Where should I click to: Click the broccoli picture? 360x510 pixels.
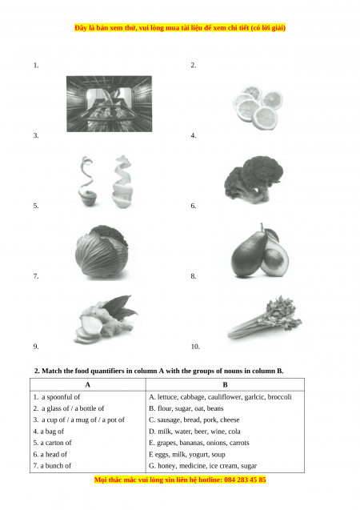pyautogui.click(x=254, y=179)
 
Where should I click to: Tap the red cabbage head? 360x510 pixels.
pyautogui.click(x=102, y=251)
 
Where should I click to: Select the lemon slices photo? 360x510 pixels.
pyautogui.click(x=257, y=107)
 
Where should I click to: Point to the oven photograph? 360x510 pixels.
pyautogui.click(x=109, y=104)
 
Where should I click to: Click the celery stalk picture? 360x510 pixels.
pyautogui.click(x=265, y=318)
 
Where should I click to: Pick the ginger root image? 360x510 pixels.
pyautogui.click(x=105, y=319)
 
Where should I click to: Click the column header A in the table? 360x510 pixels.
pyautogui.click(x=88, y=385)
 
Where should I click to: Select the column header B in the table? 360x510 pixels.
pyautogui.click(x=225, y=385)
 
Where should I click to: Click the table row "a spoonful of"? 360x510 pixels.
pyautogui.click(x=57, y=397)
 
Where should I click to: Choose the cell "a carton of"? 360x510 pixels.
pyautogui.click(x=52, y=443)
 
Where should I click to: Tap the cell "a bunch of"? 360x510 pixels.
pyautogui.click(x=52, y=465)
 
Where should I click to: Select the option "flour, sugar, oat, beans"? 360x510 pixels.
pyautogui.click(x=186, y=408)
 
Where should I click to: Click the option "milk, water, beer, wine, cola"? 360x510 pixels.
pyautogui.click(x=194, y=432)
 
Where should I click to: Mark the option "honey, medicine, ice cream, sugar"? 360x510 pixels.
pyautogui.click(x=202, y=466)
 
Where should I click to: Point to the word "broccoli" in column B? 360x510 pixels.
pyautogui.click(x=280, y=397)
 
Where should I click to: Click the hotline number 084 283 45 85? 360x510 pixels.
pyautogui.click(x=245, y=480)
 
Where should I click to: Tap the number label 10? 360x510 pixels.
pyautogui.click(x=195, y=347)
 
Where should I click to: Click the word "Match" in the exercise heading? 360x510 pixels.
pyautogui.click(x=52, y=371)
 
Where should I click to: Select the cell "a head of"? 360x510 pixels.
pyautogui.click(x=50, y=454)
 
